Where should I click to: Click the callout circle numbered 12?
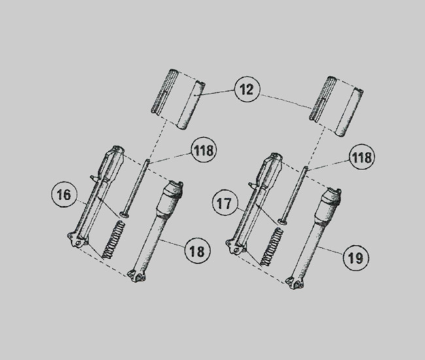247,89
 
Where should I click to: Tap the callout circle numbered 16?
64,195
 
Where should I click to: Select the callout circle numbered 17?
224,203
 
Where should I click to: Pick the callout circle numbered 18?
197,251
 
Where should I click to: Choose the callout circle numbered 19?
356,258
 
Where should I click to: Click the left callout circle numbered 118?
204,150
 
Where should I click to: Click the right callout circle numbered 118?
362,157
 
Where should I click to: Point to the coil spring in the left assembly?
113,240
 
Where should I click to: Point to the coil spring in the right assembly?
271,247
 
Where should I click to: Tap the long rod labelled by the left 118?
135,188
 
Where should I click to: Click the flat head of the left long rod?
124,215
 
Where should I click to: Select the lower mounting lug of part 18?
137,276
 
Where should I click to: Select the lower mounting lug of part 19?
295,283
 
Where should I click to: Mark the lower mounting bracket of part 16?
77,240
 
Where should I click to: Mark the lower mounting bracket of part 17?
235,246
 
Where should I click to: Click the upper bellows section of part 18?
171,198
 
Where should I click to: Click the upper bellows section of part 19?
329,205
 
